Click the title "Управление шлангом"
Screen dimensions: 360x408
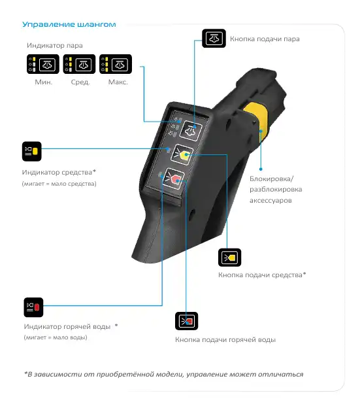pos(69,24)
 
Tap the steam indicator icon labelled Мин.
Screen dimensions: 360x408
pos(43,64)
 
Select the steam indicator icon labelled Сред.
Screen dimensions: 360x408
pos(79,64)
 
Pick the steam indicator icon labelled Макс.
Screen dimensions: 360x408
pos(116,64)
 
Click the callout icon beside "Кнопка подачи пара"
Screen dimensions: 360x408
pos(214,38)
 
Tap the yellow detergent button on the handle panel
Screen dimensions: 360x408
pos(182,154)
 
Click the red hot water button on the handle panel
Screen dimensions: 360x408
pos(174,178)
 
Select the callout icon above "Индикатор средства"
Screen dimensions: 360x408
pos(32,151)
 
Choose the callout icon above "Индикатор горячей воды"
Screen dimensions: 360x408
pos(33,307)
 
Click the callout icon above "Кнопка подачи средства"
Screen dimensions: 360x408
pos(229,258)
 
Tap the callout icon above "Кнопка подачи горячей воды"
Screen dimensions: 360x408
pos(187,321)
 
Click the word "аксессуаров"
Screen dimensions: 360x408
pos(270,200)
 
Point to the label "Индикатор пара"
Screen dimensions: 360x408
pos(55,46)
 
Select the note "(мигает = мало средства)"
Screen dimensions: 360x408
pos(59,184)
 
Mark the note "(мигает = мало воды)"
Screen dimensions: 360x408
pos(56,337)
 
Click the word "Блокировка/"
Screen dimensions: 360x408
pos(271,179)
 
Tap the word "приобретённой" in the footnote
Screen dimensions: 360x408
pos(125,374)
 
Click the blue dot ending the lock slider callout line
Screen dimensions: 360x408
pos(261,169)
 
